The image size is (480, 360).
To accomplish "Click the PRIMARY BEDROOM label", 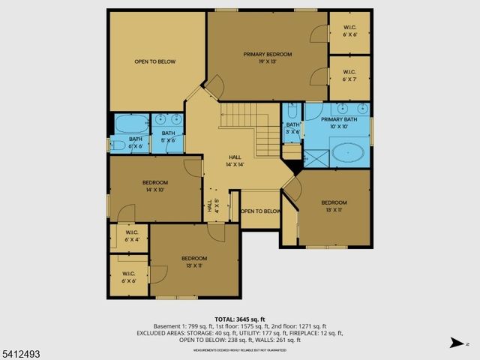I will (267, 58).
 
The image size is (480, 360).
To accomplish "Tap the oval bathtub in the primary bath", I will (348, 154).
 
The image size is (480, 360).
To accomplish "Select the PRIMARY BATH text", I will (340, 123).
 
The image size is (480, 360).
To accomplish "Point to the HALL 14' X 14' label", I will (235, 160).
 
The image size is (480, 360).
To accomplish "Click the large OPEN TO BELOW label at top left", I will (154, 61).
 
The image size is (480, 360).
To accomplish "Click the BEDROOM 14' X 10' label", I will (155, 187).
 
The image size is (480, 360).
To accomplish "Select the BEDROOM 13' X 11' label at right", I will (334, 206).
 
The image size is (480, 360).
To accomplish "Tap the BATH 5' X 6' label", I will (168, 136).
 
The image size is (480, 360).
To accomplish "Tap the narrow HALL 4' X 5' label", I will (213, 205).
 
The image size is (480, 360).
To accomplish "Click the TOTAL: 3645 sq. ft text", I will (240, 319).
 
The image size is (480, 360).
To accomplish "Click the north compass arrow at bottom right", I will (455, 343).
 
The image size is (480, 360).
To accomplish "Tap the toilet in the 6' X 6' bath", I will (118, 145).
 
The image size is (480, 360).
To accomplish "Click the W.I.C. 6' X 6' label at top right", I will (350, 31).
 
